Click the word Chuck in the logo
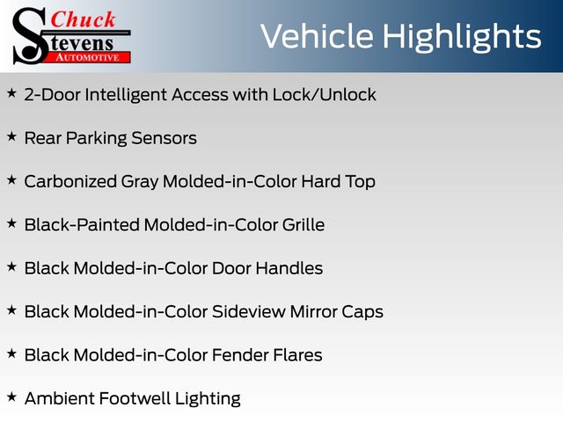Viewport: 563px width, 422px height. pos(83,19)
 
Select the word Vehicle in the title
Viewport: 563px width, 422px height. pos(317,36)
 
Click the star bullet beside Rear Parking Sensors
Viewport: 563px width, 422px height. pos(11,137)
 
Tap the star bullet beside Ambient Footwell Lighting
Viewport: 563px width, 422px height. pos(11,397)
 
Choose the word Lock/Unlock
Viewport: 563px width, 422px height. pos(325,95)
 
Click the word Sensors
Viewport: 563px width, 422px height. pos(164,138)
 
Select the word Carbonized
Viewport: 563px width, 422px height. pos(70,181)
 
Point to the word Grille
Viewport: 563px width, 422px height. pos(303,225)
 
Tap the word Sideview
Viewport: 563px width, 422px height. pos(248,311)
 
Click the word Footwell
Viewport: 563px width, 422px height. pos(134,398)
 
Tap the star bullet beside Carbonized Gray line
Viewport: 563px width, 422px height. pos(11,180)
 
